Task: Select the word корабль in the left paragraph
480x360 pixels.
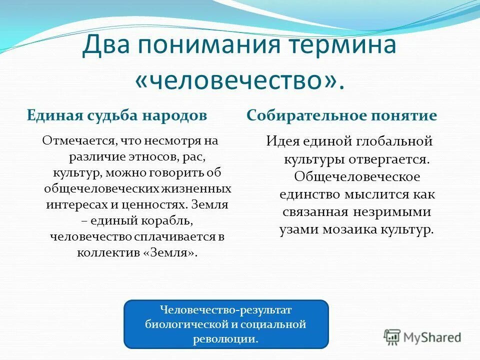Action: [167, 220]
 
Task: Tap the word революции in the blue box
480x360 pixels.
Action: [225, 338]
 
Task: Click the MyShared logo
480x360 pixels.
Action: [422, 336]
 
